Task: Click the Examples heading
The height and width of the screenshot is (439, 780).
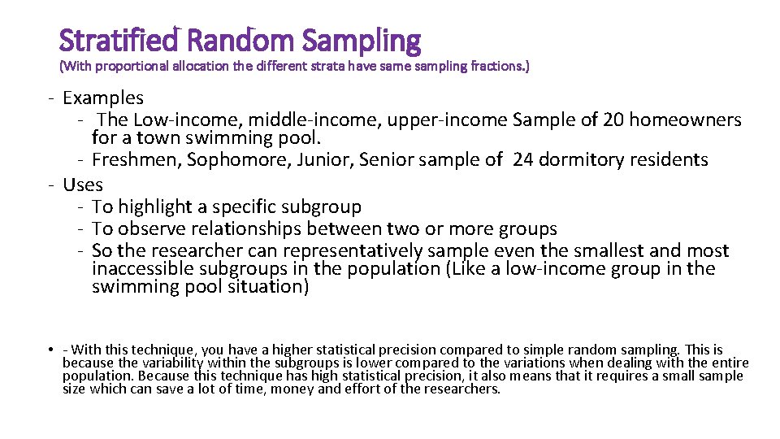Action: coord(103,98)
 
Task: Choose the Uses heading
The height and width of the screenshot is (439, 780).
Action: coord(83,185)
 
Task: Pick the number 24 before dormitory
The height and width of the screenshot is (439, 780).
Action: coord(523,159)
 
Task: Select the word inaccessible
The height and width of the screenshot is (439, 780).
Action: coord(138,269)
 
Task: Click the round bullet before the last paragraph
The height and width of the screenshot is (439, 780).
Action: coord(50,350)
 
